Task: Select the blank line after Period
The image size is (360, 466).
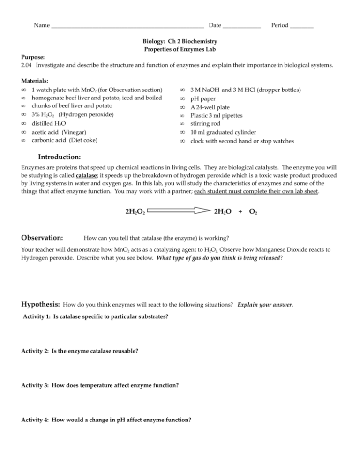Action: pos(302,25)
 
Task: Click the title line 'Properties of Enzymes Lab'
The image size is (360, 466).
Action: pos(180,50)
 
